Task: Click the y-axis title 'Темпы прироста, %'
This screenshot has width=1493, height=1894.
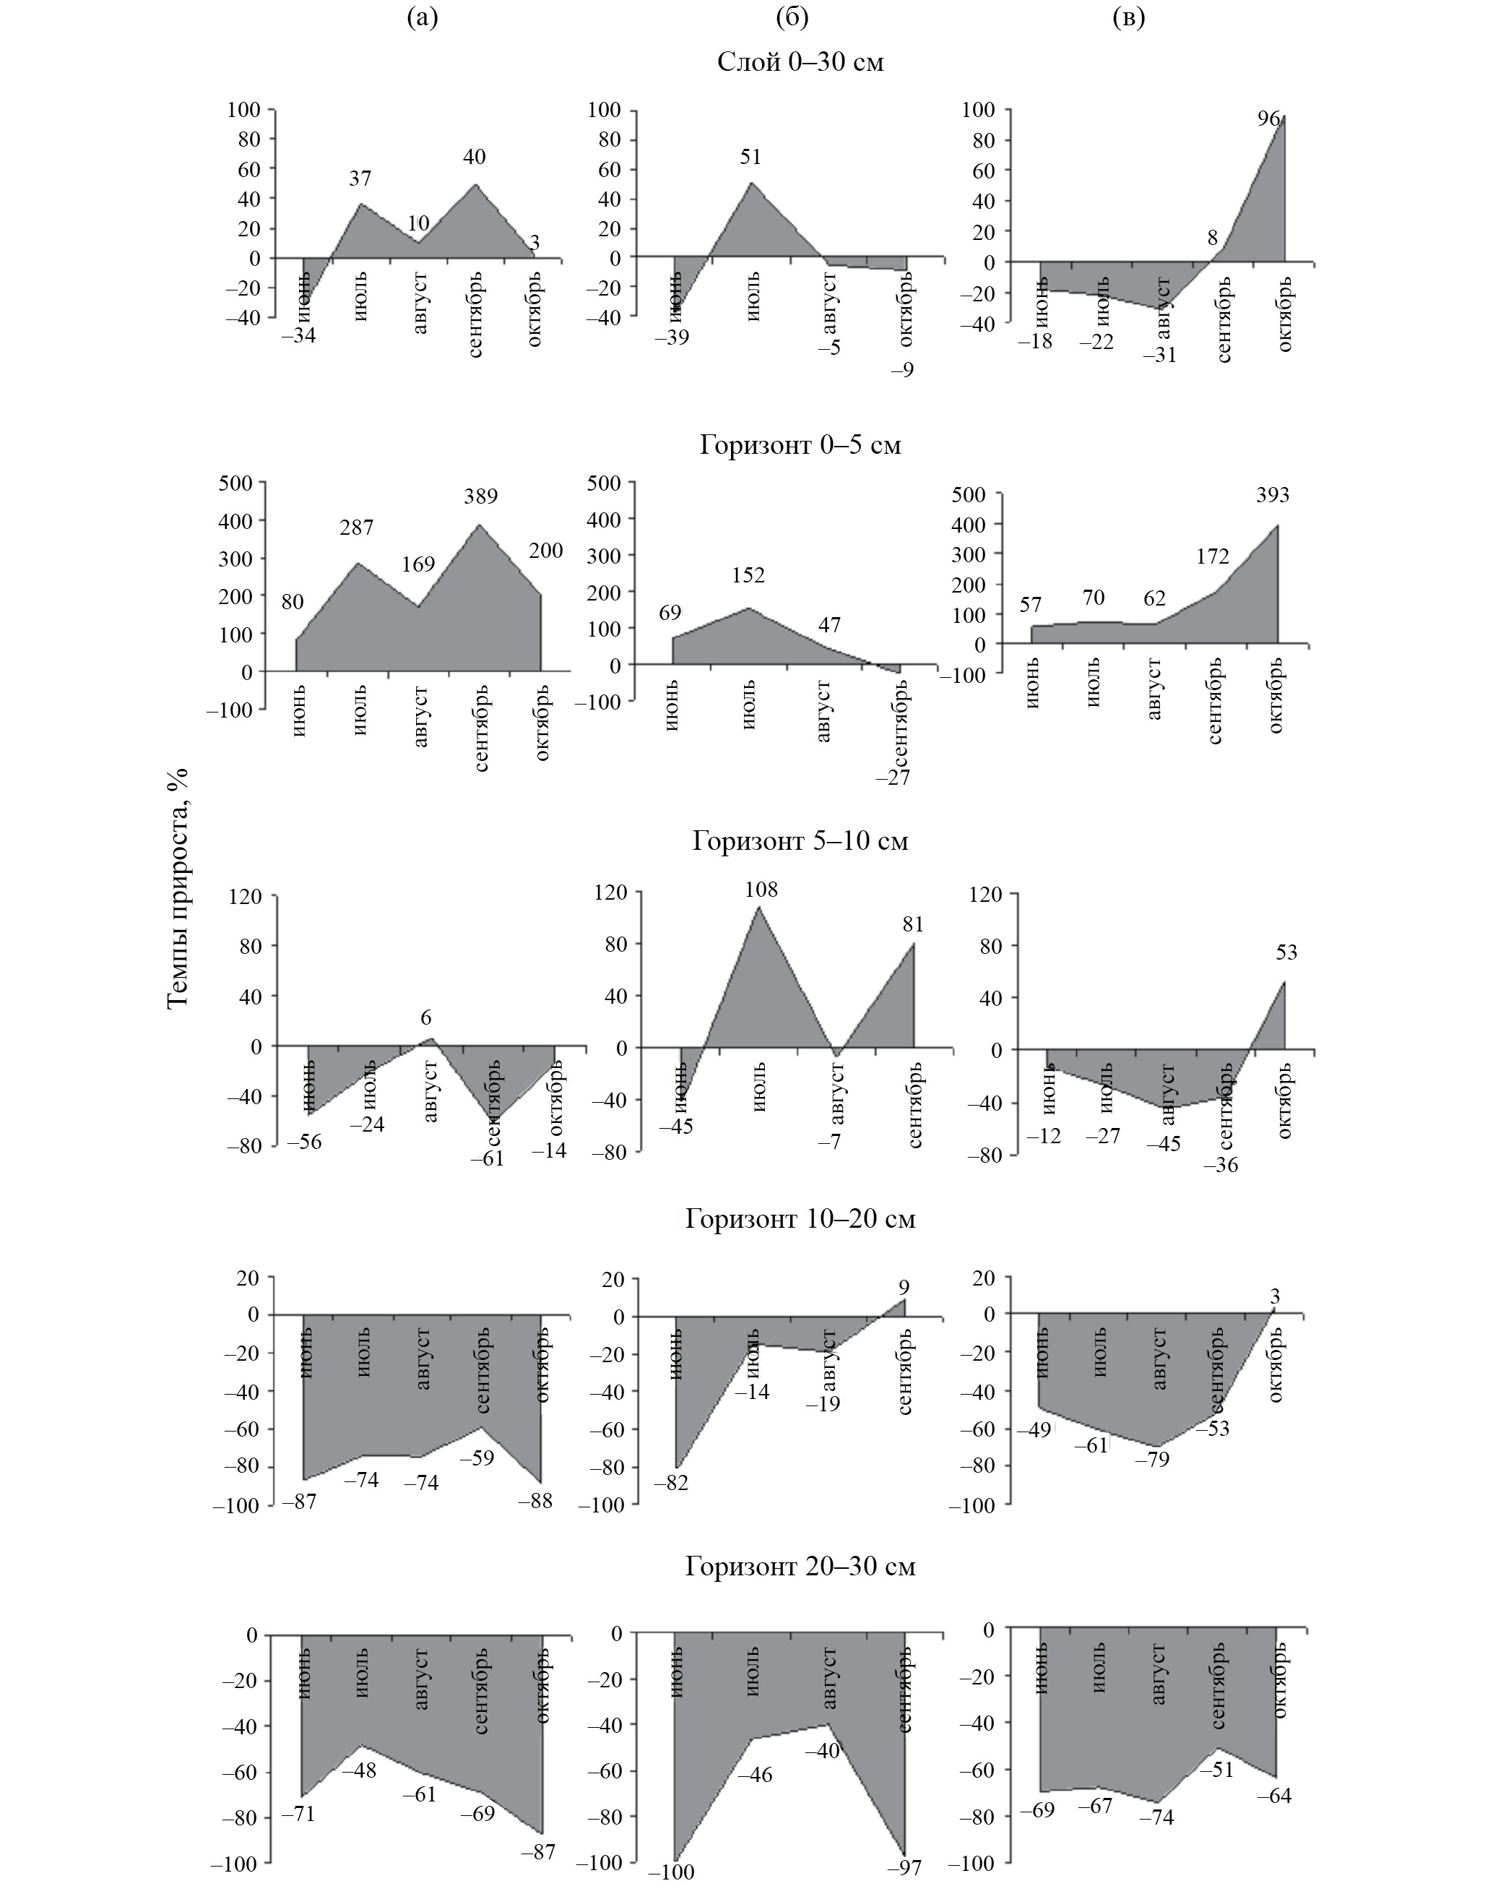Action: tap(178, 887)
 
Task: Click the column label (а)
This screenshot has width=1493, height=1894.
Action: tap(423, 17)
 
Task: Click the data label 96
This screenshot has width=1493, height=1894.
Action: tap(1269, 119)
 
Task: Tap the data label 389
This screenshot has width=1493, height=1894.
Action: tap(481, 496)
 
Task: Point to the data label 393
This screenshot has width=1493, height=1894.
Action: tap(1273, 496)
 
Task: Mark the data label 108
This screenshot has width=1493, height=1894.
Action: tap(761, 890)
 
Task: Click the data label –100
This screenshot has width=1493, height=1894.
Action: tap(671, 1872)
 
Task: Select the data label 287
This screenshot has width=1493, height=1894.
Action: tap(357, 528)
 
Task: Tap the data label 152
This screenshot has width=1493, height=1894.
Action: tap(749, 575)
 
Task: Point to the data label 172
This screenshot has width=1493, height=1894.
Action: tap(1213, 557)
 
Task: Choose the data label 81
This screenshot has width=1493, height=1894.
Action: tap(912, 924)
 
